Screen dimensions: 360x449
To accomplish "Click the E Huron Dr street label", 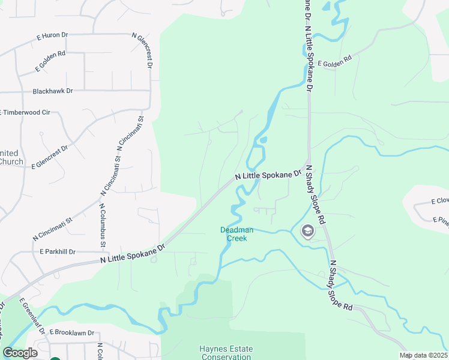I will [x=52, y=36].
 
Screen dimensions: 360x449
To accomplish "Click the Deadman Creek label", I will [x=237, y=234].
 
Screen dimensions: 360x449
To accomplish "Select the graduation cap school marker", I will [x=308, y=231].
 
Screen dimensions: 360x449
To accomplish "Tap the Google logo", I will [x=20, y=353].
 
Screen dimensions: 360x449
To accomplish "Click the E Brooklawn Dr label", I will [x=72, y=332].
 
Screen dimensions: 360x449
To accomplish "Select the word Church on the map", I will [x=11, y=161].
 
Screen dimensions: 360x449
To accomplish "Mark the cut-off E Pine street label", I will [x=441, y=220].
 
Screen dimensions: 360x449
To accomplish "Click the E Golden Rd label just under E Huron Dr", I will [x=50, y=61].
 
